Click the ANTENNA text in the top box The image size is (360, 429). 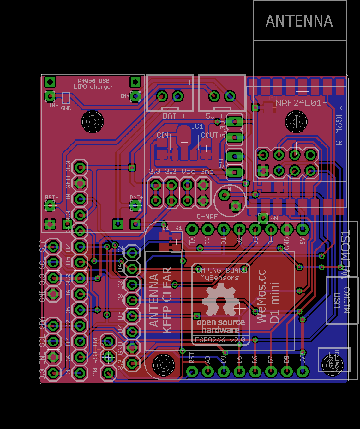point(299,21)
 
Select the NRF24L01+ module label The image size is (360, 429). point(302,103)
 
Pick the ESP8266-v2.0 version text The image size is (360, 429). point(220,340)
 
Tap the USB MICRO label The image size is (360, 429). point(342,300)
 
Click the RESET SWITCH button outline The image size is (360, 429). point(334,360)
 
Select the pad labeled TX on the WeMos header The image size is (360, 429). point(192,229)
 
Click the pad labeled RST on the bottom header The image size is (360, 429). point(192,371)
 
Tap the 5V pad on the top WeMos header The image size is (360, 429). point(303,229)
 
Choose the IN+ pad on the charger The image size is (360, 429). point(135,96)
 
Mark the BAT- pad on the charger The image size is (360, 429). point(50,206)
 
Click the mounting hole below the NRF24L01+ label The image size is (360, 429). point(296,121)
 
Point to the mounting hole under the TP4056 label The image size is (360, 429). point(93,121)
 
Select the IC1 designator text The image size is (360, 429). point(197,126)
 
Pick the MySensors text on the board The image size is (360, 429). point(220,278)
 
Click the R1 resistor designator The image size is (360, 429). point(178,228)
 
